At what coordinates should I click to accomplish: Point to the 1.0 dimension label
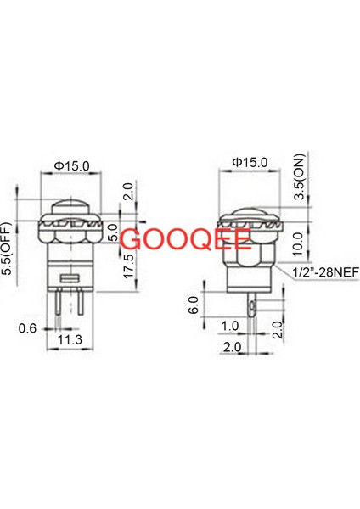[229, 326]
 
